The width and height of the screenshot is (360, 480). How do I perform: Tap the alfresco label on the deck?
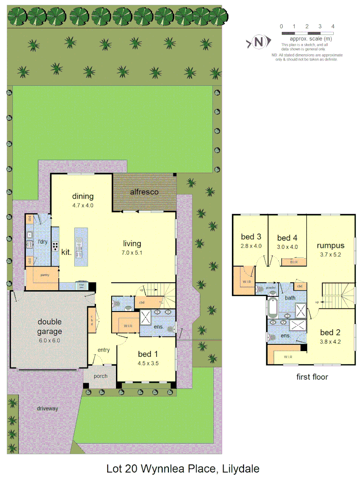click(x=144, y=192)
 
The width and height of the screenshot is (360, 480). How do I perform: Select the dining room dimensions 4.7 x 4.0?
click(x=83, y=205)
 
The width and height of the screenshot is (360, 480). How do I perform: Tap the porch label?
click(x=100, y=376)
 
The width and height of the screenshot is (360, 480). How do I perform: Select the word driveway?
click(x=48, y=408)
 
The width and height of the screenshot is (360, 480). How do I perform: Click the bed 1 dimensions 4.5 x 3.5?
click(x=148, y=363)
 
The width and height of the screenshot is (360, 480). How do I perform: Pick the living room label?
click(x=132, y=244)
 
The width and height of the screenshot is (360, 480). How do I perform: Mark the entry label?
click(x=103, y=350)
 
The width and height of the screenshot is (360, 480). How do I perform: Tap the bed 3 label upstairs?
click(x=251, y=237)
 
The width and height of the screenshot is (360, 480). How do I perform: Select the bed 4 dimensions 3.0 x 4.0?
click(x=287, y=247)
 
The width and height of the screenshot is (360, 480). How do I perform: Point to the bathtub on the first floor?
click(x=272, y=306)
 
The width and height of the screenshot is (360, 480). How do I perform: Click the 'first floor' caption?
click(x=312, y=377)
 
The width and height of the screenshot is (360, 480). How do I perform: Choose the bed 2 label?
click(x=331, y=332)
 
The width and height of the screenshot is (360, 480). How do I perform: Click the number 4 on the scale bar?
click(x=332, y=27)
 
